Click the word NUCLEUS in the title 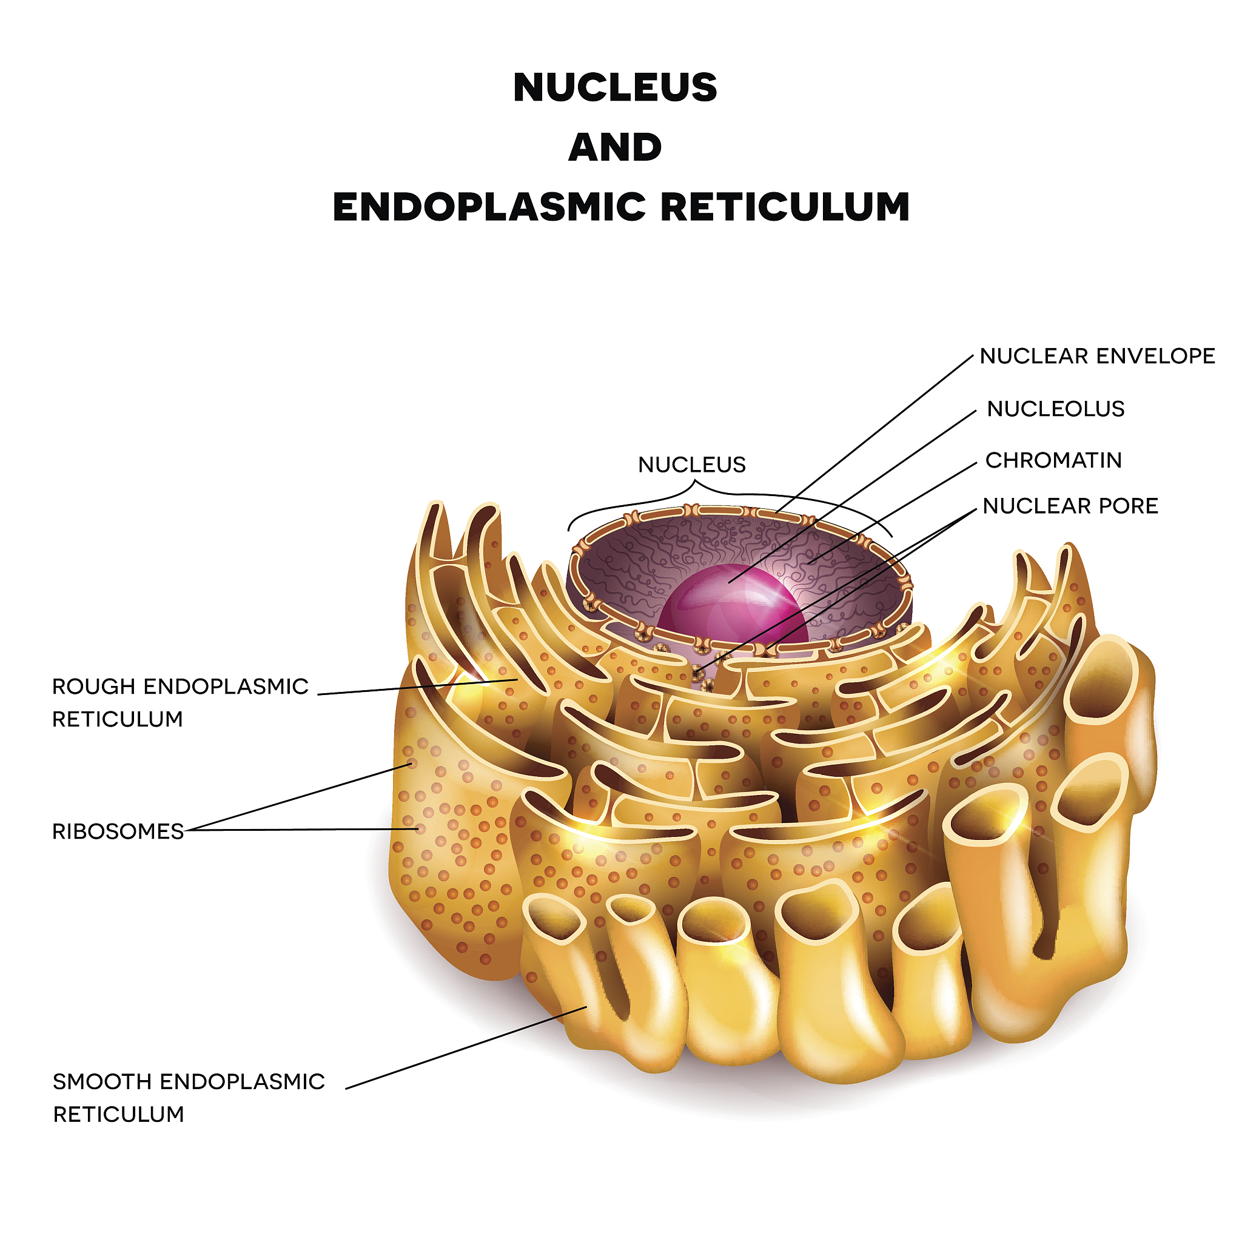[x=614, y=87]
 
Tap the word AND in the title [x=614, y=147]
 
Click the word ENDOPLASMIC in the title [x=489, y=207]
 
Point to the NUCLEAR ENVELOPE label [x=1096, y=356]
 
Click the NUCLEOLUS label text [x=1056, y=409]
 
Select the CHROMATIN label [x=1053, y=460]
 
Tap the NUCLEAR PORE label [x=1070, y=506]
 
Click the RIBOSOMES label [x=118, y=831]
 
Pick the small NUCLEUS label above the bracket [x=691, y=464]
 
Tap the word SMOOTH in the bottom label [x=102, y=1081]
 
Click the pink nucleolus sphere [x=733, y=604]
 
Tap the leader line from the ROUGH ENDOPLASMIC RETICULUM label [x=418, y=686]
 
